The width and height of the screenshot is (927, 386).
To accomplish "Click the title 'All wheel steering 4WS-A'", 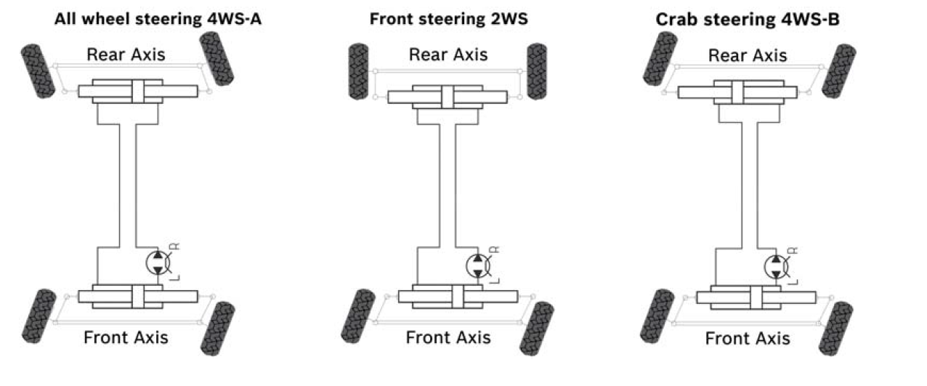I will [158, 20].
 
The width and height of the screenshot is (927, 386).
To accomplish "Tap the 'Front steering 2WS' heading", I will [448, 20].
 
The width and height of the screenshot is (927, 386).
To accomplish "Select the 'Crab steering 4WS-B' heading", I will [748, 20].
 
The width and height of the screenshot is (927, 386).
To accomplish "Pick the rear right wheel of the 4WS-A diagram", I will [216, 59].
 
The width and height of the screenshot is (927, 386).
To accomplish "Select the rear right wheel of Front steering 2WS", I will [537, 71].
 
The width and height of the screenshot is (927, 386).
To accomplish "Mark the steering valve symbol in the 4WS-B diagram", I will [777, 266].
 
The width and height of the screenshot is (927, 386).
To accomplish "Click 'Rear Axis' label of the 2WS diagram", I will [448, 55].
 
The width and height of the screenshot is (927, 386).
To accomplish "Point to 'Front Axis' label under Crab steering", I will [748, 339].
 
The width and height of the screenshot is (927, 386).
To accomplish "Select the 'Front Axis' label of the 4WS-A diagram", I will [126, 337].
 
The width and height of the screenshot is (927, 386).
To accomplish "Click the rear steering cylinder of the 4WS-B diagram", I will [737, 92].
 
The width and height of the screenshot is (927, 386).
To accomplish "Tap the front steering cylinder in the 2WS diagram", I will [458, 297].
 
